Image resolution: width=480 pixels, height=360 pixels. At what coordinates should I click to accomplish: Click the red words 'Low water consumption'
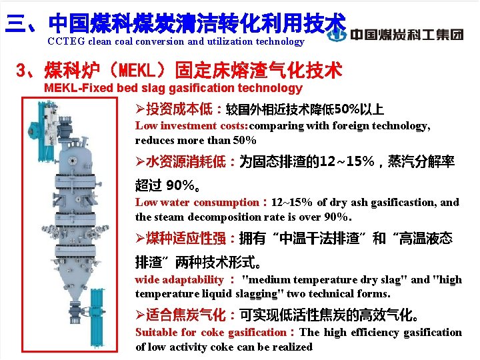tap(197, 202)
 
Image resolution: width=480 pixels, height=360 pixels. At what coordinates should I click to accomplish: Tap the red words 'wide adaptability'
tap(179, 279)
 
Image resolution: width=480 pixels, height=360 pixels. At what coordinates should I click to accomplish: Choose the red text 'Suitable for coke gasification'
tap(210, 332)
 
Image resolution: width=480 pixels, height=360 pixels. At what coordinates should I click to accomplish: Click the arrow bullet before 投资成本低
tap(140, 109)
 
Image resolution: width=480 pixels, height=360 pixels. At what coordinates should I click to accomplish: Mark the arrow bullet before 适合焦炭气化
tap(140, 314)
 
